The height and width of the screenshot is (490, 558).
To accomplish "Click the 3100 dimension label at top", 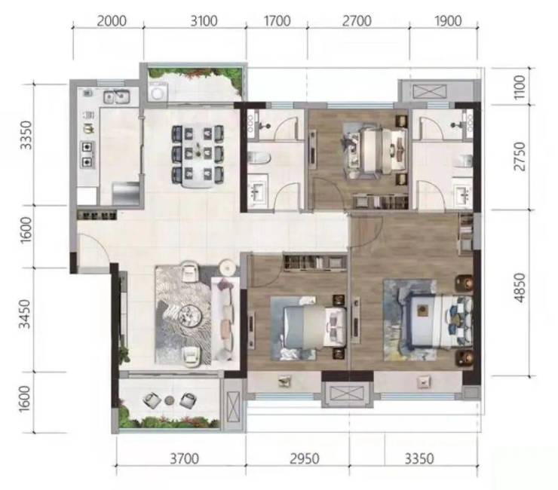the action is click(x=204, y=20).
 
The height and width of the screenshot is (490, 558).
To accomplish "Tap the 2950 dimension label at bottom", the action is click(x=305, y=458).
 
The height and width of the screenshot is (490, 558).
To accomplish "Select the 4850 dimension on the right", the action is click(x=520, y=287).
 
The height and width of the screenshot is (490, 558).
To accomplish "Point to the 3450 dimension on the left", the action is click(x=25, y=314).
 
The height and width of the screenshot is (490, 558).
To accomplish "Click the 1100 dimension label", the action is click(x=520, y=87).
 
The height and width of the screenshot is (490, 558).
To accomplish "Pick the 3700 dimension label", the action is click(x=184, y=458).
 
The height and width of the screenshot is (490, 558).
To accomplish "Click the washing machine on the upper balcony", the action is click(x=158, y=92).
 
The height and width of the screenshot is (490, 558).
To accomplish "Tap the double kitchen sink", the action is click(x=116, y=96).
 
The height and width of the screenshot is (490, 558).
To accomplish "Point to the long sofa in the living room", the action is click(x=225, y=318).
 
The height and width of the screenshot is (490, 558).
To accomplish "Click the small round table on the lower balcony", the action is click(x=170, y=400).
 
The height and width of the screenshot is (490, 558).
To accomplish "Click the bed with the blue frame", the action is click(x=440, y=320).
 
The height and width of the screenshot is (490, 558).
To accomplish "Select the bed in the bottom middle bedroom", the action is click(x=314, y=327).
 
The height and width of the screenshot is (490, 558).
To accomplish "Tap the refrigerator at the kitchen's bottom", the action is click(x=126, y=194).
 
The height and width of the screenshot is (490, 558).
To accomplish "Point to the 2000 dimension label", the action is click(x=112, y=20).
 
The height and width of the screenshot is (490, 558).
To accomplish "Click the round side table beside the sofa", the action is click(x=227, y=268).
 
